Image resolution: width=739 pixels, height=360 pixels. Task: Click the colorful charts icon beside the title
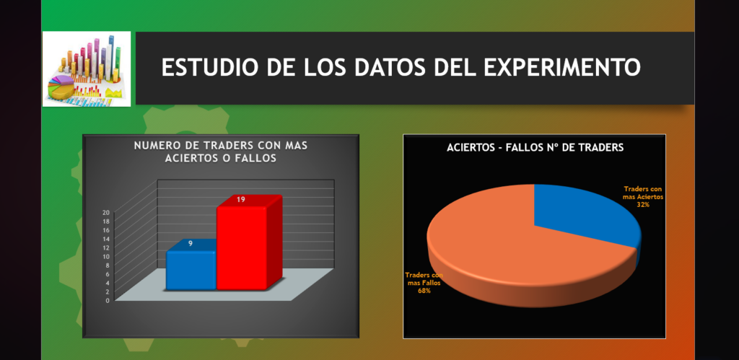tap(87, 69)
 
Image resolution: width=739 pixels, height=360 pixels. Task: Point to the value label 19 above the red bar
tap(241, 200)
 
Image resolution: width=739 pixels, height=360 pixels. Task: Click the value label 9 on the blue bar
tap(191, 244)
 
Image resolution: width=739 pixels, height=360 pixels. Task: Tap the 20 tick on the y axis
tap(106, 213)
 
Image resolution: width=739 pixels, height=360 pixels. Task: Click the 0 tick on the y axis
tap(108, 300)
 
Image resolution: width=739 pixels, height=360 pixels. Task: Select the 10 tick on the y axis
tap(106, 256)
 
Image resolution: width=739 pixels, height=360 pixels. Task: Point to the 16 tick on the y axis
tap(106, 230)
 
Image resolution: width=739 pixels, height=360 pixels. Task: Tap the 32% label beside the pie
tap(643, 204)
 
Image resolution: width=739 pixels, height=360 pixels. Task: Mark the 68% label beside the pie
tap(424, 291)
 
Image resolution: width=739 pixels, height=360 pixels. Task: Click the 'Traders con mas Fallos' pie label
tap(423, 283)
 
